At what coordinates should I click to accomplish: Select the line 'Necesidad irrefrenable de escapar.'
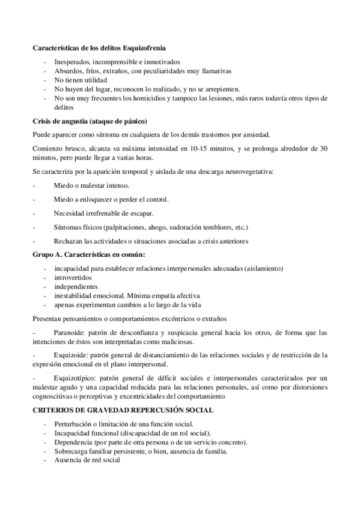[103, 214]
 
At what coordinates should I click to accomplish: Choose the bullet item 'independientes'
[75, 287]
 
